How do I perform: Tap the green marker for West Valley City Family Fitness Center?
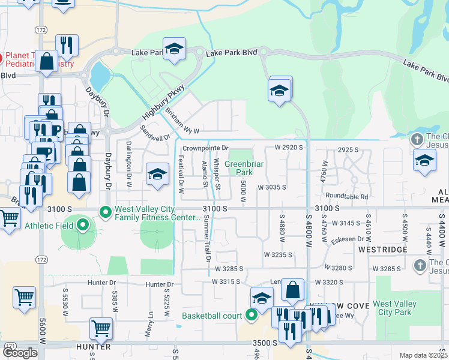(106, 212)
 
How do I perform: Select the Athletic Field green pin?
(83, 226)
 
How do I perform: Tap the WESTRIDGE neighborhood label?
(383, 248)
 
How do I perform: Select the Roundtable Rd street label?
(346, 196)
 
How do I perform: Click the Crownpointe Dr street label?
(206, 148)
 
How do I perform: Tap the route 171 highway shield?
(10, 346)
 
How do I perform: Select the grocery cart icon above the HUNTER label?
(101, 328)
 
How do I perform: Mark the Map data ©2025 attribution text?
(423, 355)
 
